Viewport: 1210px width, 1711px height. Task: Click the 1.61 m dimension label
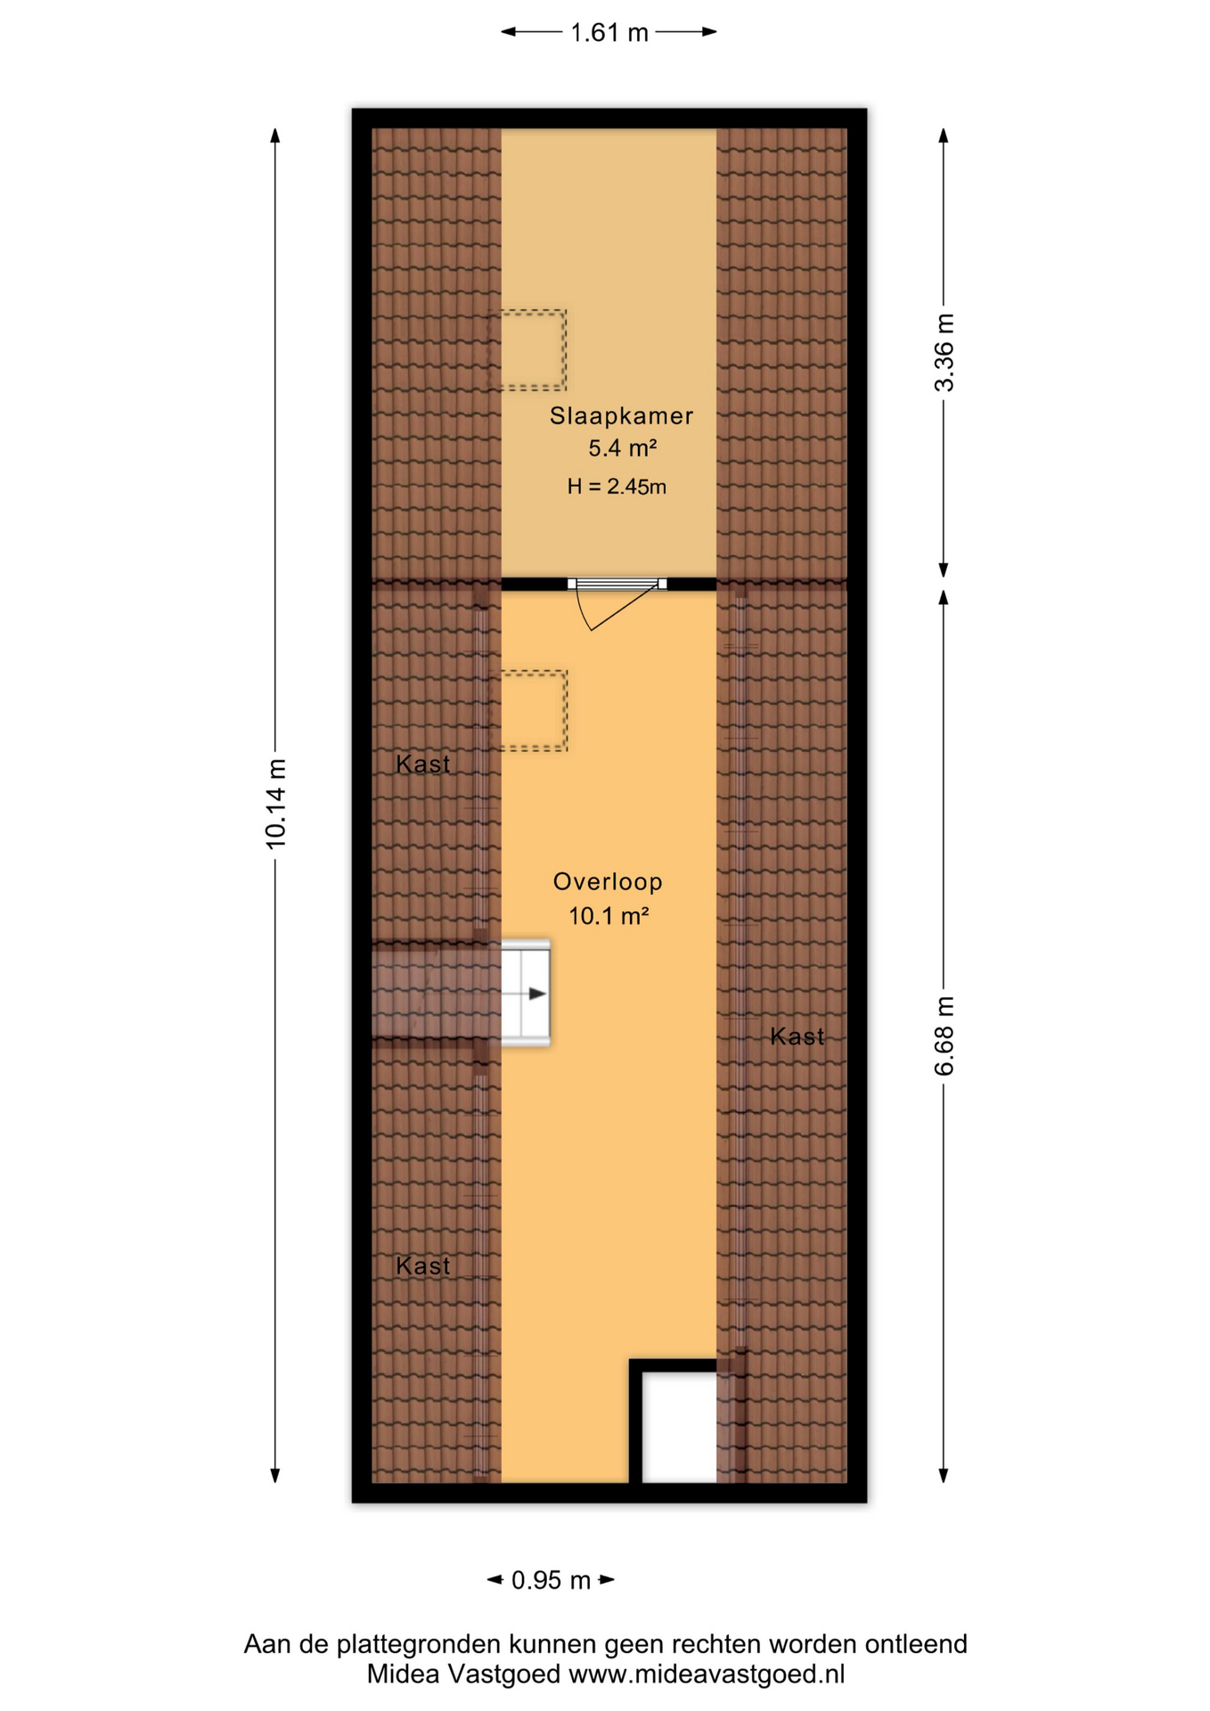(x=609, y=33)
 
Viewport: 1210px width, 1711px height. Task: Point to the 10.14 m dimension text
(x=275, y=804)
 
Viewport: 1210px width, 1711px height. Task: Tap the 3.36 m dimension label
(x=944, y=353)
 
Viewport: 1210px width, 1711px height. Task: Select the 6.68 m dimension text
(x=944, y=1036)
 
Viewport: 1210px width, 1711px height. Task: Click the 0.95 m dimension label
(x=551, y=1580)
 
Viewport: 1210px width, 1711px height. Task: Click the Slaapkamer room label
(x=621, y=415)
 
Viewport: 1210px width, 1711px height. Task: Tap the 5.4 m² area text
(x=622, y=447)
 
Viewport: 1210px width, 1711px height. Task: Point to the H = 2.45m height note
(x=617, y=487)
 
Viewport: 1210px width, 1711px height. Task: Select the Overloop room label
(x=608, y=881)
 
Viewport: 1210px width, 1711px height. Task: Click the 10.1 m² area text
(x=608, y=915)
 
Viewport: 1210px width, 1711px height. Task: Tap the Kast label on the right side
(x=797, y=1036)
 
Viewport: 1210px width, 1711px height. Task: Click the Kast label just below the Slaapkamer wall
(x=422, y=764)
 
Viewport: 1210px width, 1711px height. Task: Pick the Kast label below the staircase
(x=422, y=1265)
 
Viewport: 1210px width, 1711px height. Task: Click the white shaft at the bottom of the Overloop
(x=680, y=1427)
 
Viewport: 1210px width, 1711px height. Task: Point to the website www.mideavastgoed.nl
(x=707, y=1674)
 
